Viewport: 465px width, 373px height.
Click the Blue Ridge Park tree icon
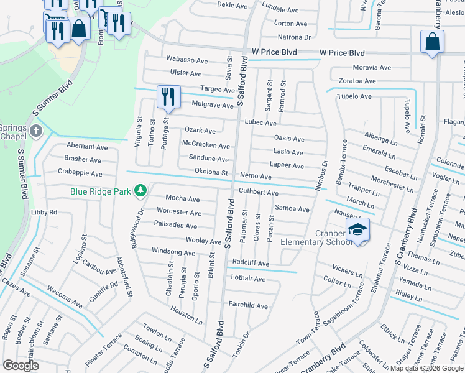tap(141, 190)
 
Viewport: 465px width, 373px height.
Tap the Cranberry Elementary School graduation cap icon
tap(357, 230)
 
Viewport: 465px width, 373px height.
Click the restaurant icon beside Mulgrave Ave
tap(168, 96)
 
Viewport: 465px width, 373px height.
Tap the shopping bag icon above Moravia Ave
tap(432, 42)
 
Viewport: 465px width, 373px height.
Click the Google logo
tap(21, 366)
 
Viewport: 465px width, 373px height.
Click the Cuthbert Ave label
tap(259, 193)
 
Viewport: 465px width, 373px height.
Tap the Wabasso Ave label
tap(186, 60)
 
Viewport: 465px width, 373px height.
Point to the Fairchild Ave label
tap(248, 306)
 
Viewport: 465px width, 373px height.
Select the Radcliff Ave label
tap(251, 264)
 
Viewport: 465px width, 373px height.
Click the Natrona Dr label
tap(295, 37)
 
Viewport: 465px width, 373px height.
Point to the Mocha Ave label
tap(183, 198)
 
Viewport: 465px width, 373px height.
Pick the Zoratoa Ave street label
tap(357, 81)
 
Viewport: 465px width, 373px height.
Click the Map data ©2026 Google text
tap(426, 368)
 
